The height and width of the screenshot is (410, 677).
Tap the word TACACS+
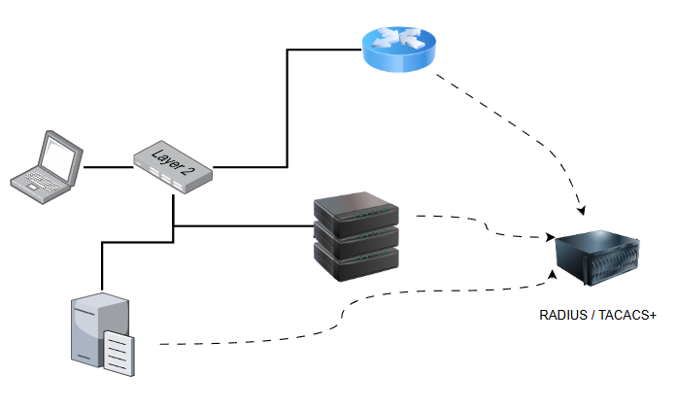[x=629, y=316]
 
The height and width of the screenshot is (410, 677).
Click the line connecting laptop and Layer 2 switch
[x=108, y=167]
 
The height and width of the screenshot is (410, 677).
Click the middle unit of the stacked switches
[x=356, y=236]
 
